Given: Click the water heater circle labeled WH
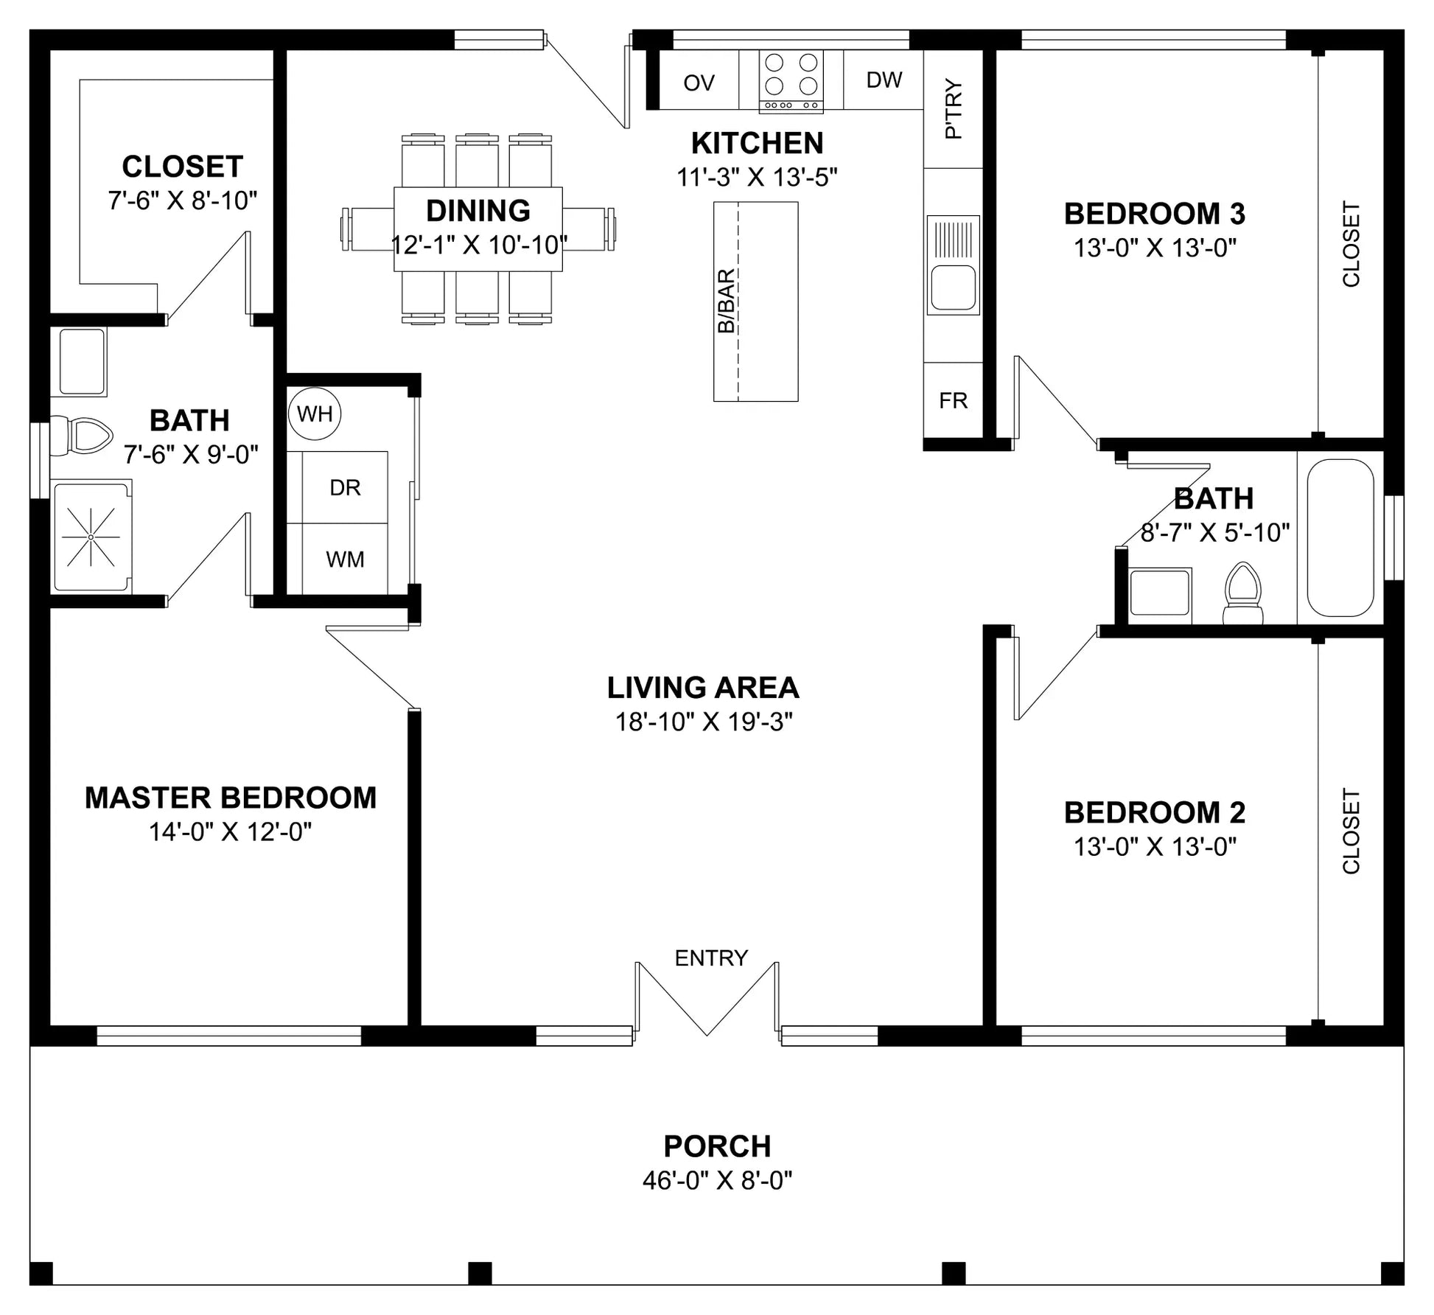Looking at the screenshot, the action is coord(315,414).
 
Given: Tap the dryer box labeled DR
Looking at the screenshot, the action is coord(345,487).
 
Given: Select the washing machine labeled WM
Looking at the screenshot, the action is coord(345,559).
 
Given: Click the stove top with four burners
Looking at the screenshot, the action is coord(791,80).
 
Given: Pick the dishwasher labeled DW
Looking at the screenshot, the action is coord(884,80).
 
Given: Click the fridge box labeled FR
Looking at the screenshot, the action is coord(953,400).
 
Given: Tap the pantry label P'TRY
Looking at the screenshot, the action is coord(953,108).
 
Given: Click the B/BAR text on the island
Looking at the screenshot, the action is coord(726,301).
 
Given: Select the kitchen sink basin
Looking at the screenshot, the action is coord(953,287).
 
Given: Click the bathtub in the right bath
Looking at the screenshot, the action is coord(1340,537).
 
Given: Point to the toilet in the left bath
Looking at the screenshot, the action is coord(80,436).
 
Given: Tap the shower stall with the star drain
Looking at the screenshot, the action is coord(91,537).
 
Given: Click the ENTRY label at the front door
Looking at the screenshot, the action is coord(711,958).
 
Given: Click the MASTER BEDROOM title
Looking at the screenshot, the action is coord(231,798).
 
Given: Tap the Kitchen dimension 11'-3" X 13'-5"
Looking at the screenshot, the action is coord(757,177).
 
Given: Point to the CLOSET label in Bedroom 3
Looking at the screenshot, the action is coord(1351,244).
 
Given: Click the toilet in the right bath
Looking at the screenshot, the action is coord(1242,594).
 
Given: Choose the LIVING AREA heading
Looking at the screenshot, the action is coord(703,688).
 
